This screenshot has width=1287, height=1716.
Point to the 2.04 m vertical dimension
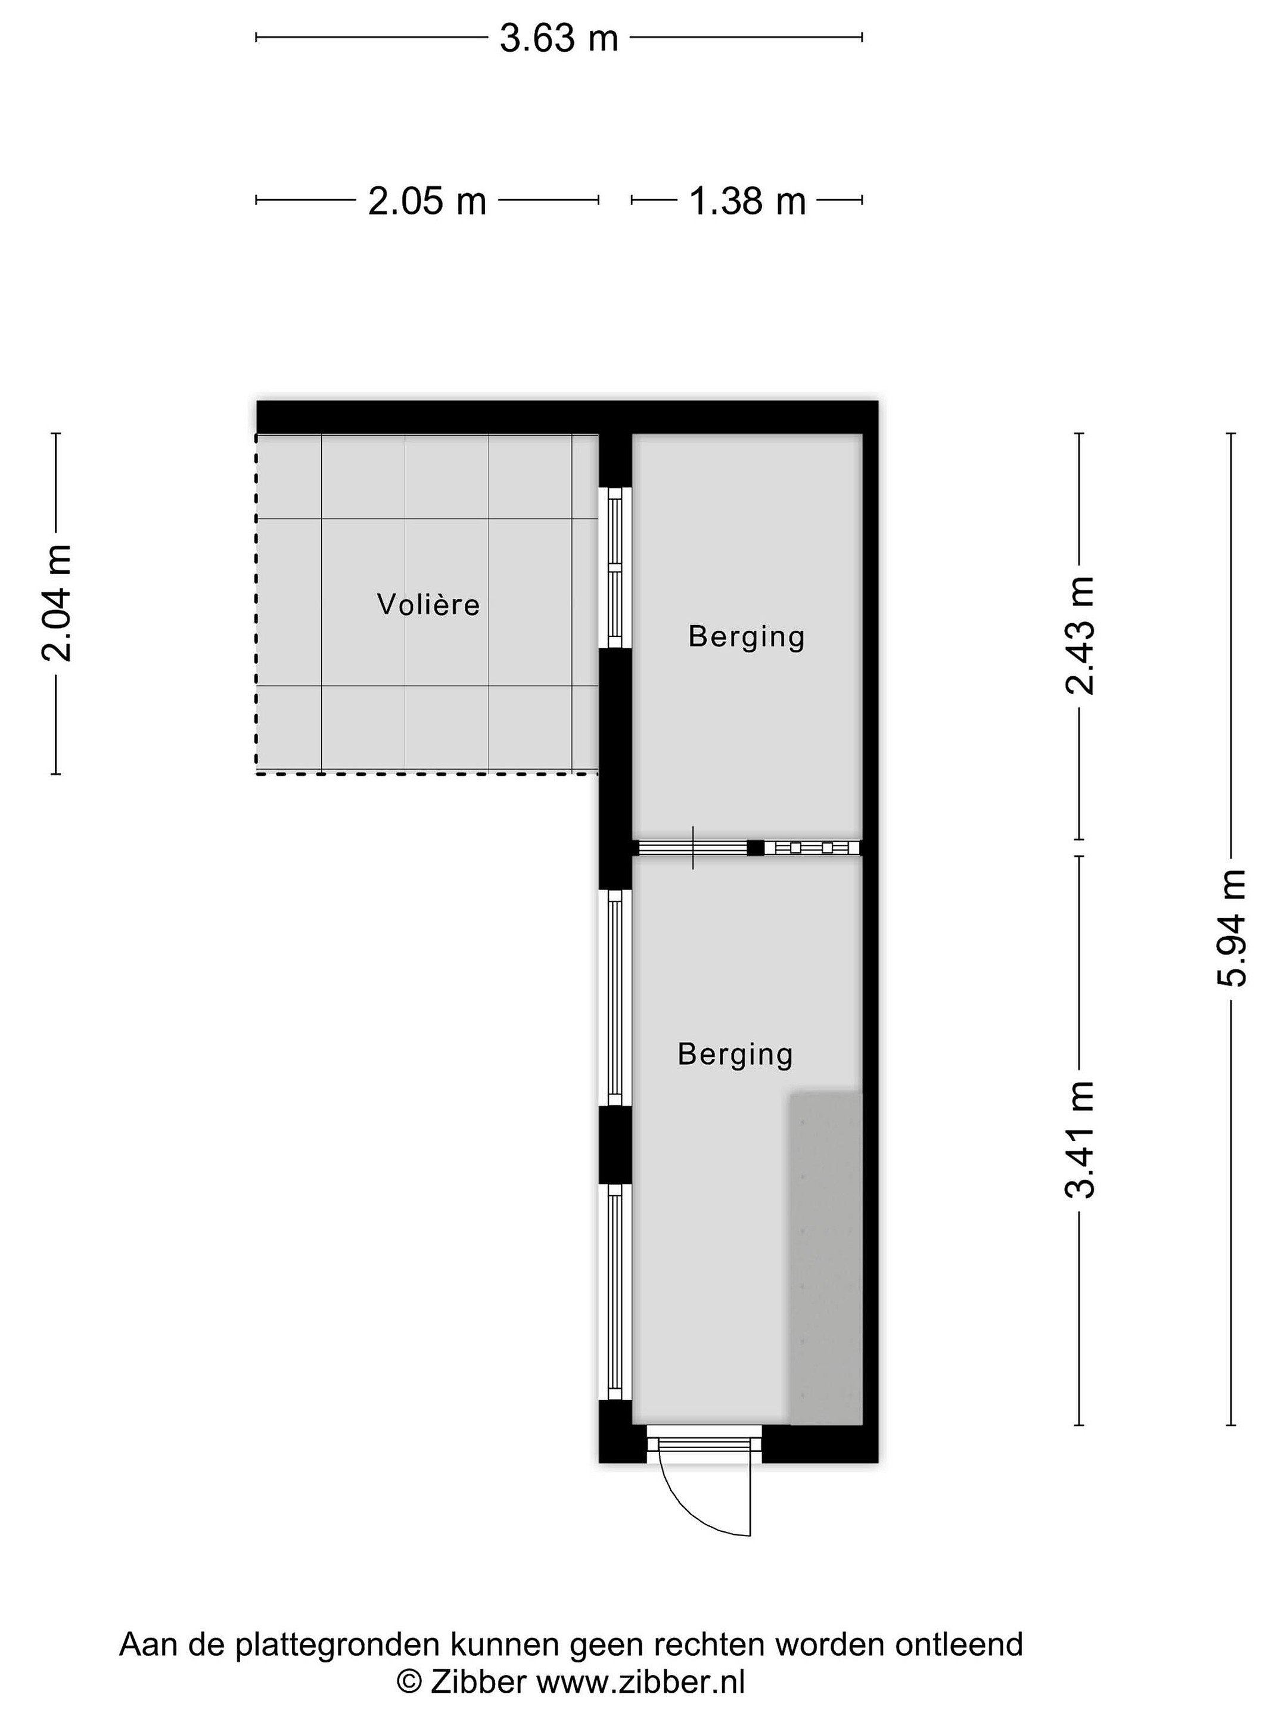point(56,603)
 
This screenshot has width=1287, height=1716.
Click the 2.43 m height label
point(1079,635)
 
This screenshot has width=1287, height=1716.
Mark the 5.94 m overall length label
point(1231,928)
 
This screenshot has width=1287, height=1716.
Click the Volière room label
point(428,604)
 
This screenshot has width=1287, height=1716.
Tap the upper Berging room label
point(747,637)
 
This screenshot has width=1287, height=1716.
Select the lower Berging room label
point(735,1054)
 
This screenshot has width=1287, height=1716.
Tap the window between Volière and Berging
point(615,567)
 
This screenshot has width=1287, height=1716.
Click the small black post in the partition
point(756,848)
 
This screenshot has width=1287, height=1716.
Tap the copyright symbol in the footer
point(409,1682)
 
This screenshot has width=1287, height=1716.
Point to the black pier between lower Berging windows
point(615,1144)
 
